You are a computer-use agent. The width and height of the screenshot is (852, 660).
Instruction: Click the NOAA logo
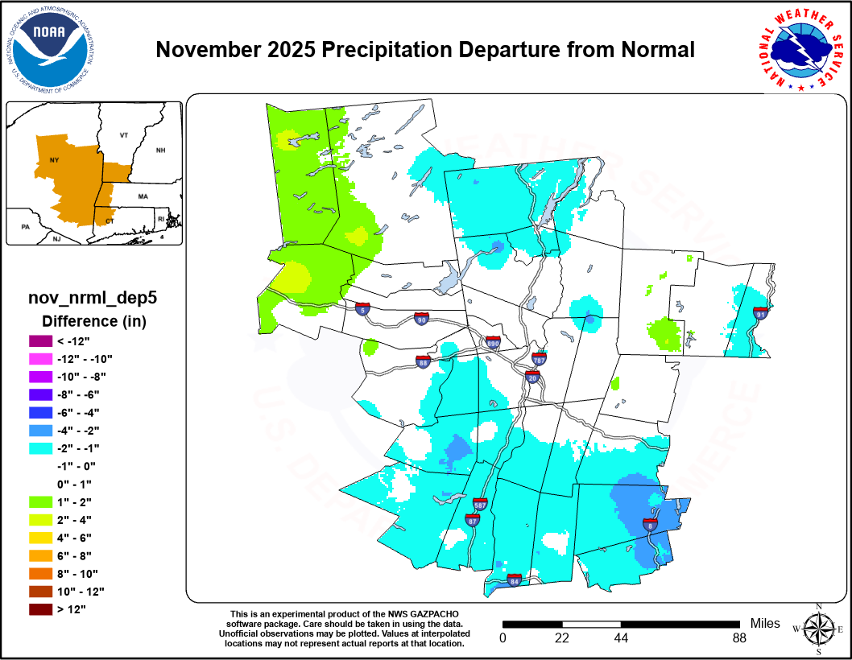50,48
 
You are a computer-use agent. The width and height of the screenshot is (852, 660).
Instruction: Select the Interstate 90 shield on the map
420,319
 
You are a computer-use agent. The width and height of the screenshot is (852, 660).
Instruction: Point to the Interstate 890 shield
494,343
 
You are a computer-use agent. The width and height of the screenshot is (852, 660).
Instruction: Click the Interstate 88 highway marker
423,361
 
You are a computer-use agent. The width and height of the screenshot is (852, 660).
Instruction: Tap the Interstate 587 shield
480,505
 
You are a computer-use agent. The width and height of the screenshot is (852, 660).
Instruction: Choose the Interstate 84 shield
514,580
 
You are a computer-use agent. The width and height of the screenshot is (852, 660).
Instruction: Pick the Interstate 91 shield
759,311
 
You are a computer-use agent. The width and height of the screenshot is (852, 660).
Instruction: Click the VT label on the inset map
124,135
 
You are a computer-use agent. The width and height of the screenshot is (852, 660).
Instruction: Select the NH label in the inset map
160,151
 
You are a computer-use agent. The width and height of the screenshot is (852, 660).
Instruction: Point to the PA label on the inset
25,228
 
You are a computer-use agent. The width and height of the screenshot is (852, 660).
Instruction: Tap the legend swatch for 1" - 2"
38,502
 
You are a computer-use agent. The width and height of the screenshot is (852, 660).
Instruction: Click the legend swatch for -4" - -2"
38,431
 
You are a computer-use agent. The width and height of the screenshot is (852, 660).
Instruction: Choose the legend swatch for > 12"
38,608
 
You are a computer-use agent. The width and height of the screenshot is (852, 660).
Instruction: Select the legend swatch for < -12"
38,341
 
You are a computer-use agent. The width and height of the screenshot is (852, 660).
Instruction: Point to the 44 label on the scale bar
621,638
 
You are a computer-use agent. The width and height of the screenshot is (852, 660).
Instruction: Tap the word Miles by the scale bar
765,623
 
